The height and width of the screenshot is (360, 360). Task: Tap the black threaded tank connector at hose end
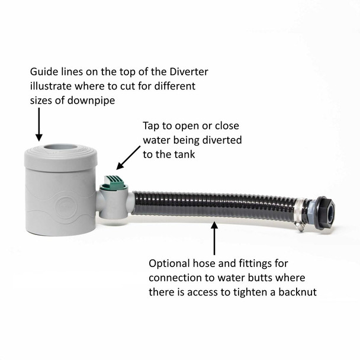point(326,210)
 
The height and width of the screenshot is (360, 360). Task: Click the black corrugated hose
point(213,204)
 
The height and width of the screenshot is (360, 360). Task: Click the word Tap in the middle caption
point(152,126)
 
